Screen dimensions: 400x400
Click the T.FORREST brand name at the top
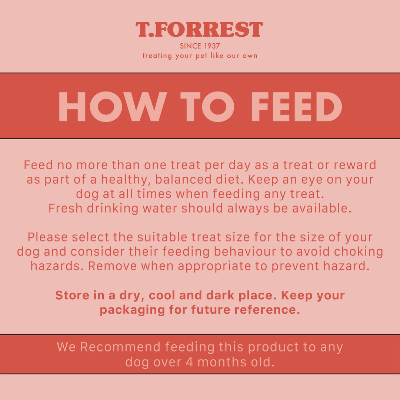(199, 30)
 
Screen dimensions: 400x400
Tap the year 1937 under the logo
(211, 46)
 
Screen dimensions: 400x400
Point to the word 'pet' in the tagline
(201, 56)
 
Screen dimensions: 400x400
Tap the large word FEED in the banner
(296, 107)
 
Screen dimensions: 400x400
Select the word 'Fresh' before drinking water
(66, 209)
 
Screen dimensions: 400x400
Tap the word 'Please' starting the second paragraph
(47, 237)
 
